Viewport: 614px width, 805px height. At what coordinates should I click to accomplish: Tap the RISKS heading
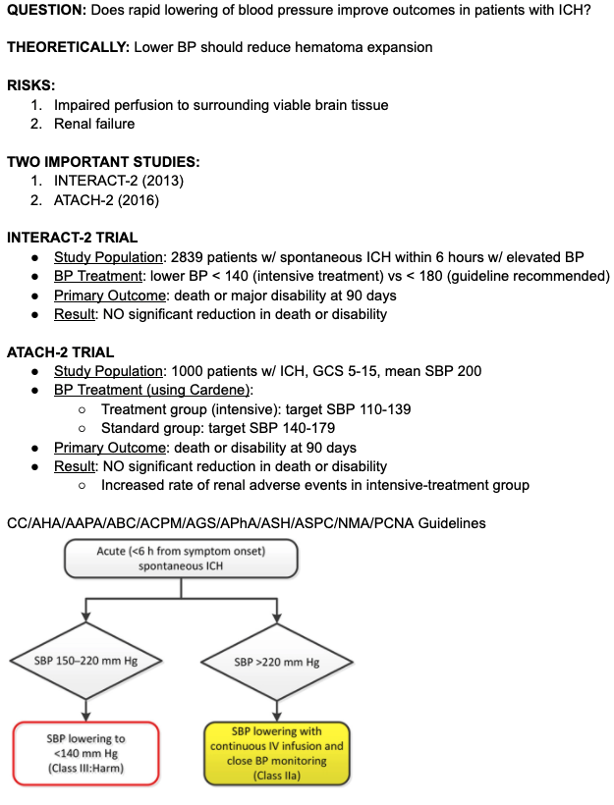tap(29, 85)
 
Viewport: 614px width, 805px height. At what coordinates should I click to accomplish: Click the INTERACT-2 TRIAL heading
tap(72, 238)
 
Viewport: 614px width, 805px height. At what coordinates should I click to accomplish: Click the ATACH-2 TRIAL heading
tap(60, 351)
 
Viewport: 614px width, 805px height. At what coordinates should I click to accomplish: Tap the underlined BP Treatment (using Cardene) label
tap(153, 390)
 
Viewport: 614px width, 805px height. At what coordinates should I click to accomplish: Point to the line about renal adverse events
tap(314, 485)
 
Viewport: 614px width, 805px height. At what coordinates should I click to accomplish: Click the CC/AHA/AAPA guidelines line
tap(246, 523)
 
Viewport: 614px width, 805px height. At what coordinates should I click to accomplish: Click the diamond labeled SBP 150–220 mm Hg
tap(85, 661)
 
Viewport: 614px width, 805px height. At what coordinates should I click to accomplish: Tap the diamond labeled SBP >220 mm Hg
tap(277, 662)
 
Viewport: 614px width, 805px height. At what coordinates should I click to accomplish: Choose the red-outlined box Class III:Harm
tap(85, 753)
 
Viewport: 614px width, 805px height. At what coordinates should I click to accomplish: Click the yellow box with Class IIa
tap(276, 753)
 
